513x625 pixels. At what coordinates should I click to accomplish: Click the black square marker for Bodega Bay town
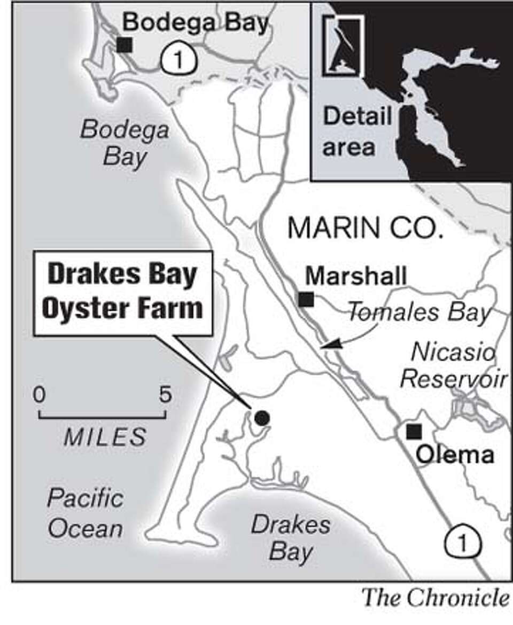tap(125, 44)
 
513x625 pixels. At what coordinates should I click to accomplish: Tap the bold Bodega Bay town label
tap(195, 23)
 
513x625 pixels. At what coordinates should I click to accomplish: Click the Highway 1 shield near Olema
tap(463, 544)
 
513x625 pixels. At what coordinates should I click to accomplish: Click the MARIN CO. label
tap(366, 229)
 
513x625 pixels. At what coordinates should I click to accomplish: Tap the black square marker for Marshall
tap(306, 299)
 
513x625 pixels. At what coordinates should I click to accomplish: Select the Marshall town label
tap(355, 277)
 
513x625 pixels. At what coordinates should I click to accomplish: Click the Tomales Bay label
tap(418, 314)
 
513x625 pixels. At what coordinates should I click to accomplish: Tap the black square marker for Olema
tap(414, 431)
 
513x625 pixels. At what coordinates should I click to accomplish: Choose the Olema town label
tap(454, 455)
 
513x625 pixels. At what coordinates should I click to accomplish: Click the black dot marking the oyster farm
tap(261, 418)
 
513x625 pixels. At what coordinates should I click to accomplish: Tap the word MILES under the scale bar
tap(105, 437)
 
